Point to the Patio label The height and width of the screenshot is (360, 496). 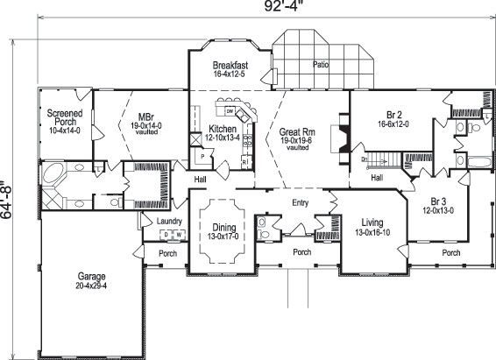(323, 65)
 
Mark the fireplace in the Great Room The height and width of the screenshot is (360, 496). (343, 138)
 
